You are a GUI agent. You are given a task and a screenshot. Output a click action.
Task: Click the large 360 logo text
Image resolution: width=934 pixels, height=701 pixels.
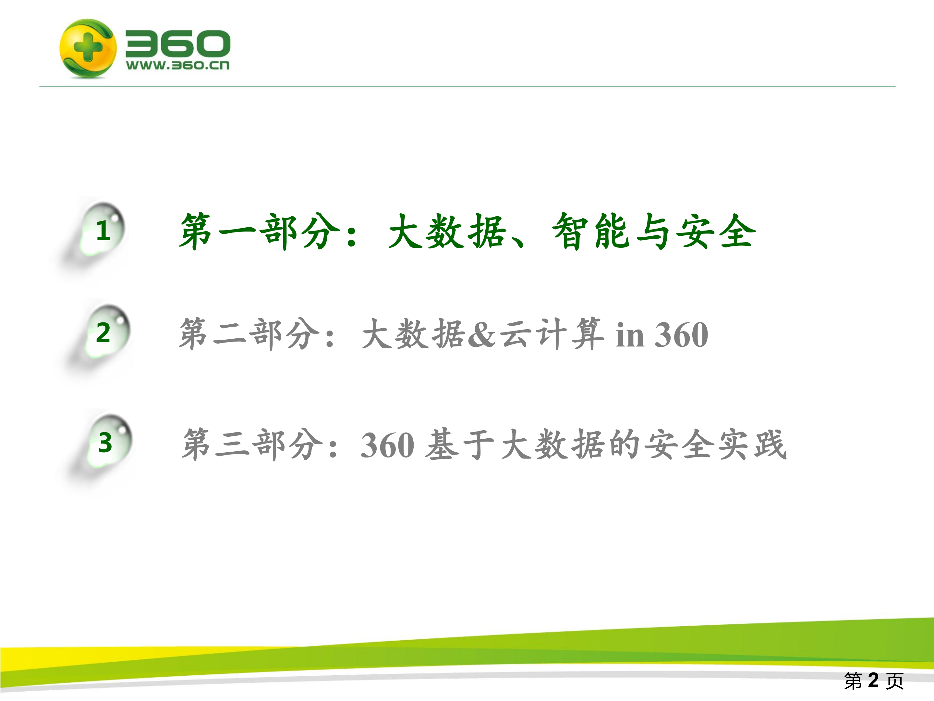[178, 44]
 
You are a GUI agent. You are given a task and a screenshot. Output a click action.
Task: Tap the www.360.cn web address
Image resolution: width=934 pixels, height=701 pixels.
[178, 66]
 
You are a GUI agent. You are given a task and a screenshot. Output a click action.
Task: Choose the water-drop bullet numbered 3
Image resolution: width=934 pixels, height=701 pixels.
[105, 443]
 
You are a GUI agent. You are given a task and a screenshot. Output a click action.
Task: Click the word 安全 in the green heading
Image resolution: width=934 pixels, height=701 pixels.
[714, 232]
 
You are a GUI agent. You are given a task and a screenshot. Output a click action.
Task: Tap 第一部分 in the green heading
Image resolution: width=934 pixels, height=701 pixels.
[259, 232]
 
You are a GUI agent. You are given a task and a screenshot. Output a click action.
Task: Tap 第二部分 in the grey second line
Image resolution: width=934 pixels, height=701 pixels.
[249, 334]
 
